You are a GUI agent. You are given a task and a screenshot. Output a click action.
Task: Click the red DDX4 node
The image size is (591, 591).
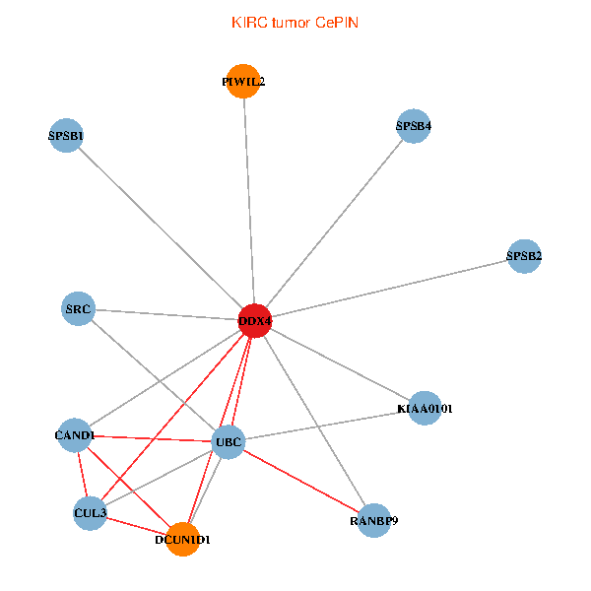(x=255, y=321)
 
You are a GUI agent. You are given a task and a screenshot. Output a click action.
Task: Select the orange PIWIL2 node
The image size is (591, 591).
(x=243, y=82)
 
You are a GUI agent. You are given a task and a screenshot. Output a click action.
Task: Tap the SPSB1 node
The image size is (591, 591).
(x=66, y=135)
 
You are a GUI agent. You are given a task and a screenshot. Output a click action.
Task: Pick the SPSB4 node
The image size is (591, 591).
(x=414, y=126)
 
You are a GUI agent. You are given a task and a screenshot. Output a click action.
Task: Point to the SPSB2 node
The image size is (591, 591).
(x=524, y=256)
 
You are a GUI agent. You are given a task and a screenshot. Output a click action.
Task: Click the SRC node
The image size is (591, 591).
(x=78, y=308)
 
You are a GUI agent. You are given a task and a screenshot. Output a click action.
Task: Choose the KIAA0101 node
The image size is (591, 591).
(x=425, y=408)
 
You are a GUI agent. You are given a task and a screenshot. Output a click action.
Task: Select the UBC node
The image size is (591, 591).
(x=229, y=442)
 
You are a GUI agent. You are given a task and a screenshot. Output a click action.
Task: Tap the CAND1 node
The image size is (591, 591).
(x=75, y=435)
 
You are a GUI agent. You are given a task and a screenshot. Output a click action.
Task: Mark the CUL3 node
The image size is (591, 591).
(x=90, y=513)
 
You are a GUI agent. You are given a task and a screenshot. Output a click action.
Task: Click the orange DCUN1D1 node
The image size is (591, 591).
(x=183, y=540)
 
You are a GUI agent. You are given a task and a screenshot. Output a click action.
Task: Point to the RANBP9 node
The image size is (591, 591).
(x=374, y=520)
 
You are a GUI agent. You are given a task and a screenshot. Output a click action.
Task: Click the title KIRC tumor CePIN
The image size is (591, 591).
(x=295, y=23)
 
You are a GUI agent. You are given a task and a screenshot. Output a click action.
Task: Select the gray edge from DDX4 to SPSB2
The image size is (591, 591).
(x=389, y=289)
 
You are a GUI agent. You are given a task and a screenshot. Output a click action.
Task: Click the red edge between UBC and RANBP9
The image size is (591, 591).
(x=301, y=482)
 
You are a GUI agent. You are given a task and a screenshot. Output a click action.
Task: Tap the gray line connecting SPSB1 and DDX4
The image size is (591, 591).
(x=161, y=229)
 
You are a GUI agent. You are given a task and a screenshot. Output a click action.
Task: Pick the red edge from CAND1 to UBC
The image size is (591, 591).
(x=152, y=438)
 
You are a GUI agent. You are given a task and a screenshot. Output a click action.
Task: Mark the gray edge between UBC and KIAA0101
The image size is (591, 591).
(x=326, y=426)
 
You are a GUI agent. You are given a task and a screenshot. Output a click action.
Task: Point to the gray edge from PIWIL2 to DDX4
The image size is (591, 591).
(x=249, y=201)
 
